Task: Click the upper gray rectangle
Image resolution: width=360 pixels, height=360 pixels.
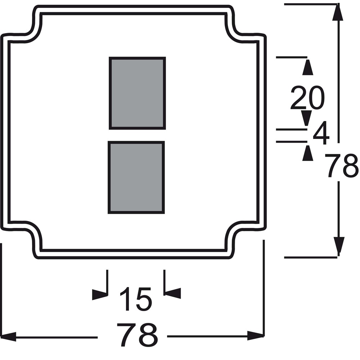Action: coord(137,93)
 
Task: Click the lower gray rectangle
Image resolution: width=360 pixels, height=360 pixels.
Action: coord(136,177)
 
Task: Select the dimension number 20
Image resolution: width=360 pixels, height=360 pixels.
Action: coord(308,98)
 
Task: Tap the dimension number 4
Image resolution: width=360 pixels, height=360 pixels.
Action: coord(321,133)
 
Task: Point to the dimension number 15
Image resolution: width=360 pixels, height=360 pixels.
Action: coord(136,299)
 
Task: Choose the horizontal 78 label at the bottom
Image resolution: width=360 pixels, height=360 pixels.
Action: coord(138,335)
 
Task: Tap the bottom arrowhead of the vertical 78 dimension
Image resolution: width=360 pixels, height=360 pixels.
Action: coord(339,246)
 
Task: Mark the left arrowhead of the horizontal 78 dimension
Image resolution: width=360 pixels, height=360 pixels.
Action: coord(8,337)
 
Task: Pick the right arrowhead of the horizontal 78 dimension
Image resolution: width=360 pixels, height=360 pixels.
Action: coord(255,336)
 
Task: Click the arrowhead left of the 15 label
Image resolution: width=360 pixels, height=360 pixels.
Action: coord(100,294)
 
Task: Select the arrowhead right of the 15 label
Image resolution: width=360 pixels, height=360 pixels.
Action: coord(173,293)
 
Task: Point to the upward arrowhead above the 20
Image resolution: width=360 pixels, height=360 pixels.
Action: coord(308,67)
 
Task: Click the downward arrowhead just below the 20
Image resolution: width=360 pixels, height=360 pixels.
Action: coord(306,118)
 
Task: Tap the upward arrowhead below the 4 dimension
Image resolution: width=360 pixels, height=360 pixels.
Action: coord(308,153)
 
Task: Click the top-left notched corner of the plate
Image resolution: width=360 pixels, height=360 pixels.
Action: coord(32,28)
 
